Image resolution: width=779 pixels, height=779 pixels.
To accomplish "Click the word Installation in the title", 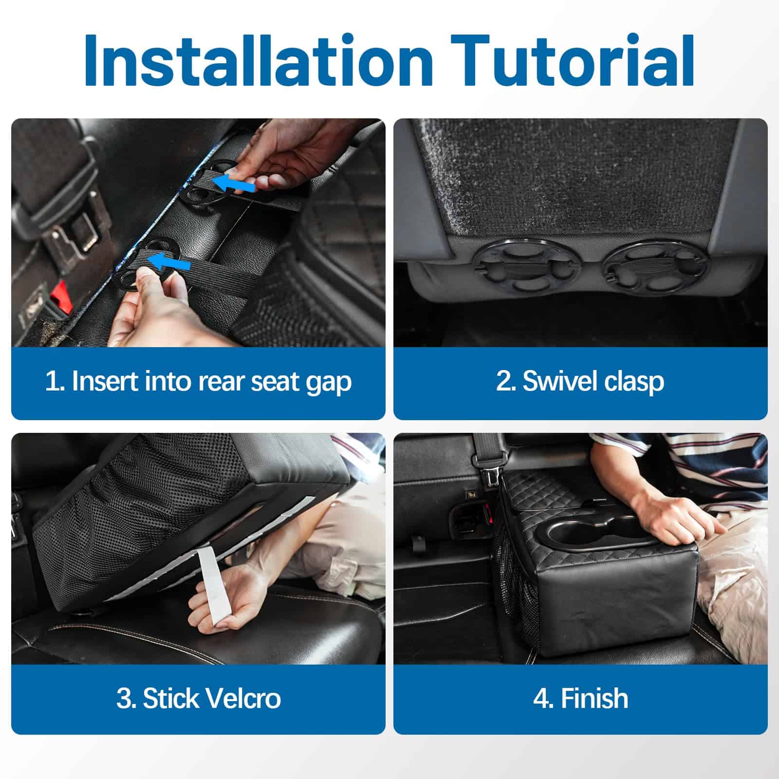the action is pyautogui.click(x=259, y=60).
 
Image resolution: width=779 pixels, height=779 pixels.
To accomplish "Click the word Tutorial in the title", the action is pyautogui.click(x=575, y=60).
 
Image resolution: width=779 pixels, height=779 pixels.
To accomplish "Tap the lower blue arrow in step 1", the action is pyautogui.click(x=168, y=262).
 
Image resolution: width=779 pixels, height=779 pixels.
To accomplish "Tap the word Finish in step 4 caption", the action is pyautogui.click(x=594, y=698).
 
